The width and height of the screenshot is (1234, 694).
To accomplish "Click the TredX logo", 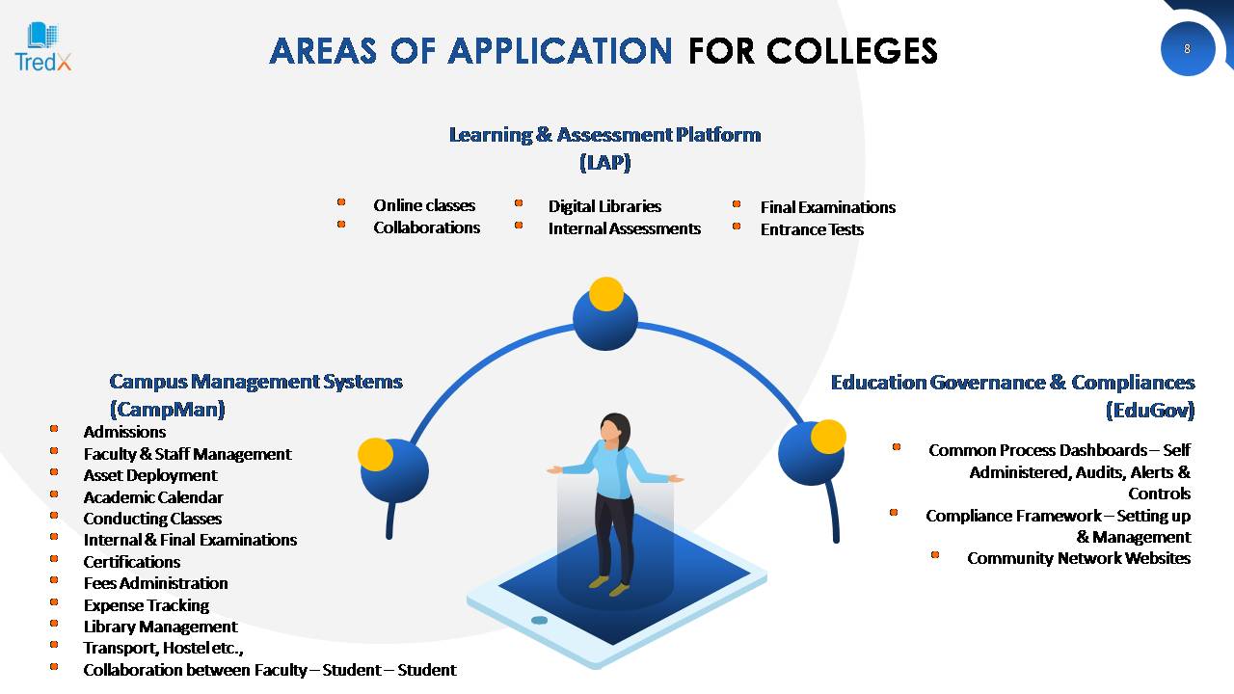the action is pyautogui.click(x=43, y=47).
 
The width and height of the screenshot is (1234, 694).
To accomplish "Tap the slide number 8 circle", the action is pyautogui.click(x=1187, y=49).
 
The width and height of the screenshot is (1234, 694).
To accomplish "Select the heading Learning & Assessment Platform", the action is pyautogui.click(x=604, y=135).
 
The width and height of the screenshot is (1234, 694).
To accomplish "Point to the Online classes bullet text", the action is pyautogui.click(x=424, y=205).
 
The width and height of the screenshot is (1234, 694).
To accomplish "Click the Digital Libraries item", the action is pyautogui.click(x=604, y=206).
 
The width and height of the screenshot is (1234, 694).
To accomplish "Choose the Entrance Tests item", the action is pyautogui.click(x=812, y=229).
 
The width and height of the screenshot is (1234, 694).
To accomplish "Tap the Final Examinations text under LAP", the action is pyautogui.click(x=828, y=207).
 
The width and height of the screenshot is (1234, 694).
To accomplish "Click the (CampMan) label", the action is pyautogui.click(x=168, y=410).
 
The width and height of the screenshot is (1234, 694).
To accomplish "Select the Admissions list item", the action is pyautogui.click(x=124, y=432).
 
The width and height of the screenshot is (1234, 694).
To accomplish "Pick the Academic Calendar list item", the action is pyautogui.click(x=153, y=497).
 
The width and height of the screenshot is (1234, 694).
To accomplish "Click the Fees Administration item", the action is pyautogui.click(x=155, y=583).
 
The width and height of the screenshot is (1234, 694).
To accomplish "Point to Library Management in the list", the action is pyautogui.click(x=160, y=627).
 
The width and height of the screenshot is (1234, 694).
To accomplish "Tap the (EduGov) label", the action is pyautogui.click(x=1150, y=411).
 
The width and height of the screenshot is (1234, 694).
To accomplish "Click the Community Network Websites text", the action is pyautogui.click(x=1079, y=558).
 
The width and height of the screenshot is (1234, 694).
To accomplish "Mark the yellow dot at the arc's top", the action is pyautogui.click(x=606, y=294).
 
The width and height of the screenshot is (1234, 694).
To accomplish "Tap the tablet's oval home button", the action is pyautogui.click(x=539, y=620).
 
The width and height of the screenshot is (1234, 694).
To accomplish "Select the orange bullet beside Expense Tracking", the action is pyautogui.click(x=54, y=602).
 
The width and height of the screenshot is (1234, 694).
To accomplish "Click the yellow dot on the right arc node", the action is pyautogui.click(x=828, y=437).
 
